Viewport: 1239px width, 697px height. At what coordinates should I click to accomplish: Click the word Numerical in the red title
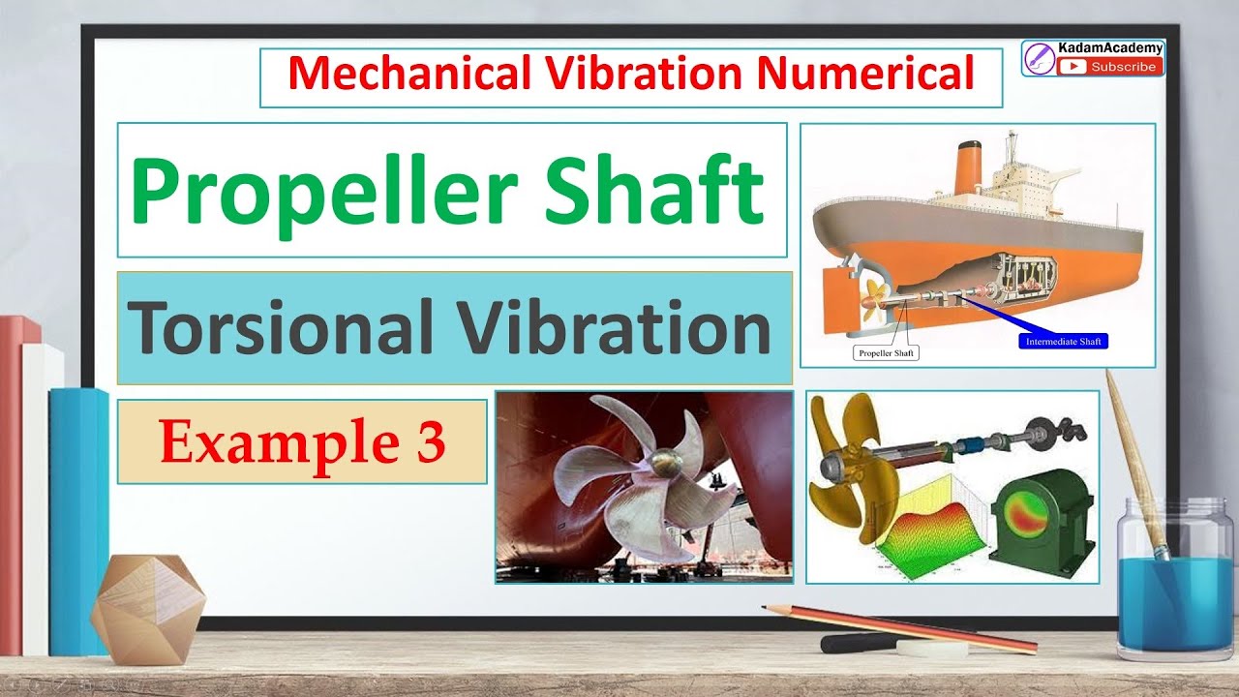point(851,74)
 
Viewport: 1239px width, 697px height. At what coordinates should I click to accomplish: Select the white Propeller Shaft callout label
point(886,353)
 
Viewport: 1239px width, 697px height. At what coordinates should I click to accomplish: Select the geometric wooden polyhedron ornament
point(148,610)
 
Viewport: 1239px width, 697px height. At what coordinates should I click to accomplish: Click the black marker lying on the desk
point(857,642)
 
